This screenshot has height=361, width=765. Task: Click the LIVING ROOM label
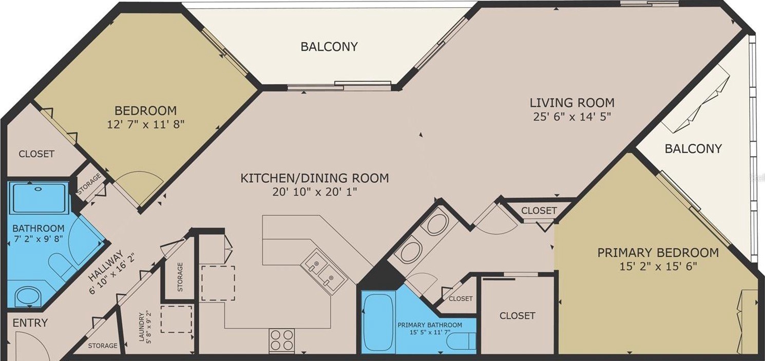572,103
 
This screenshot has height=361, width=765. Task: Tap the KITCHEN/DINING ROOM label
315,178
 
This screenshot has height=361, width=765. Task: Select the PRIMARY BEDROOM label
658,253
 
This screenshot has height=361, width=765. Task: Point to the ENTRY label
30,323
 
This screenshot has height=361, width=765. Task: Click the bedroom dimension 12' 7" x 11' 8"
146,124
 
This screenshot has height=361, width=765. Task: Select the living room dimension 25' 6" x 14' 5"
572,117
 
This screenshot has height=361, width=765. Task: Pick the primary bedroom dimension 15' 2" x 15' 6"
658,267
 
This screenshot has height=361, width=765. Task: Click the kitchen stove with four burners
282,340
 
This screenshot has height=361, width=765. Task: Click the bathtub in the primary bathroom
378,323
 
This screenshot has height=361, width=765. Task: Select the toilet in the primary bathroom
462,341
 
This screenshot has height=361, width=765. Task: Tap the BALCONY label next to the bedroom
329,46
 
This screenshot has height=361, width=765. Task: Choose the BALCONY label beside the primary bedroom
693,148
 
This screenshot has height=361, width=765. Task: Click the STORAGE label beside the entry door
103,346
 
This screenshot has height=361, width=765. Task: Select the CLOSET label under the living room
539,211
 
